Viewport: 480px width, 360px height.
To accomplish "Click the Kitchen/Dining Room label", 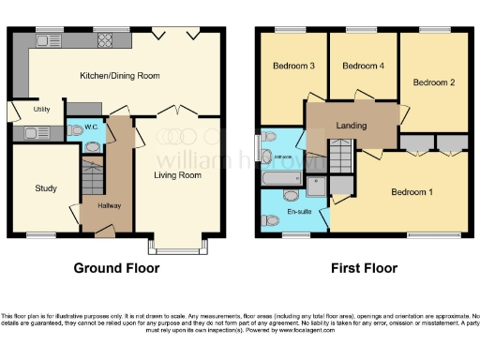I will [120, 75].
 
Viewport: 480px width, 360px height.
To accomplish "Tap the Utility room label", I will [41, 110].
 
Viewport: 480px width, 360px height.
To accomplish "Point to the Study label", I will [47, 188].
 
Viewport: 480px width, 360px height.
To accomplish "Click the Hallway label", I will [109, 205].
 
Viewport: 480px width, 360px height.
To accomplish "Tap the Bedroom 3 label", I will [292, 67].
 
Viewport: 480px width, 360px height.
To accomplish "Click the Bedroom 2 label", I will [434, 82].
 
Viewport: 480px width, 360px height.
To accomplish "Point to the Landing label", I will [352, 126].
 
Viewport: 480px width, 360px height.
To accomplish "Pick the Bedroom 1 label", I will [412, 192].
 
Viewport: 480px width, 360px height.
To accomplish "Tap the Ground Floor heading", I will [116, 268].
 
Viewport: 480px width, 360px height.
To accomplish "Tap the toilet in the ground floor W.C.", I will [91, 146].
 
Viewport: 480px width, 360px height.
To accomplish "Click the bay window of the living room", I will [178, 247].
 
